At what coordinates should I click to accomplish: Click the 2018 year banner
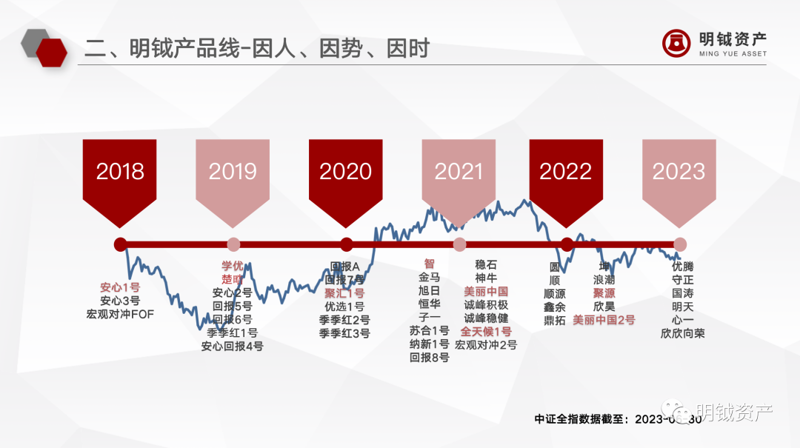[120, 173]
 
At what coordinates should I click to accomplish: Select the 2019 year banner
[233, 173]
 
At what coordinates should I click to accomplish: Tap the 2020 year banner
[346, 173]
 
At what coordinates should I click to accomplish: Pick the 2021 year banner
[459, 173]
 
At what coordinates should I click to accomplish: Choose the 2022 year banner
[566, 173]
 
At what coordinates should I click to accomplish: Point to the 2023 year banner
[679, 173]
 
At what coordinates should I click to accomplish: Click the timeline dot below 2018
[121, 244]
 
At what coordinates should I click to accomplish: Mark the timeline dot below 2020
[346, 244]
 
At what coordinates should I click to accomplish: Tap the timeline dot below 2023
[680, 244]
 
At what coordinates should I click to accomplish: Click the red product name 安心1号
[120, 287]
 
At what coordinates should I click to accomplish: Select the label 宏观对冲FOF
[120, 314]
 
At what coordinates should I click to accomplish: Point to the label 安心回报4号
[232, 346]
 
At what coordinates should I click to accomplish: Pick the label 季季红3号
[344, 333]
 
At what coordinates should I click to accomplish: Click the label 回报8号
[430, 358]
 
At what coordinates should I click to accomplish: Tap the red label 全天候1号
[486, 332]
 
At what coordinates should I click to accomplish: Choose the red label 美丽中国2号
[604, 320]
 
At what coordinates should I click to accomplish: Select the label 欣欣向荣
[682, 333]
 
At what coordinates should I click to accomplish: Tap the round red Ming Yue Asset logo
[676, 42]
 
